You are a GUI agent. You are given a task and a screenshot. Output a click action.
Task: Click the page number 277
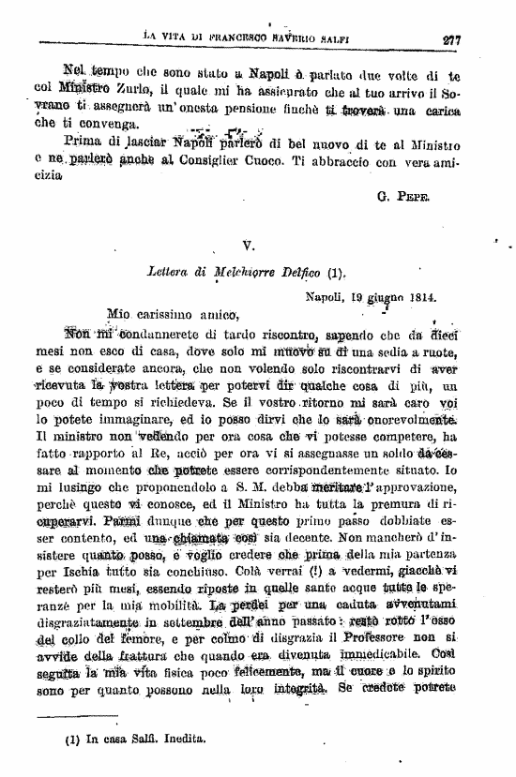pos(455,39)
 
